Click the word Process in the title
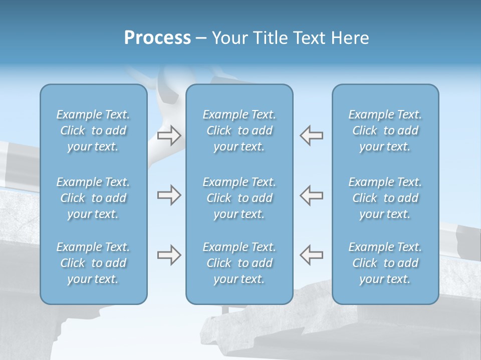point(157,38)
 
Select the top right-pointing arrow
point(169,135)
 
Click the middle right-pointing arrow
point(169,195)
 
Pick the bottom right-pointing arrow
point(169,255)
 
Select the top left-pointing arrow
point(312,135)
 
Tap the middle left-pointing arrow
point(312,195)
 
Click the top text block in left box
point(93,130)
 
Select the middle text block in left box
point(93,198)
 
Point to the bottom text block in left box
point(93,263)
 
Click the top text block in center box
point(239,130)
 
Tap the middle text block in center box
point(239,198)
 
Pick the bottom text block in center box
point(239,263)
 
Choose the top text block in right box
point(385,130)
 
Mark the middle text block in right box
point(385,198)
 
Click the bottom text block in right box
point(385,263)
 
